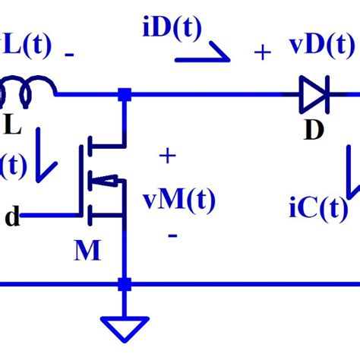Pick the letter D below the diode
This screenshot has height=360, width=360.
pyautogui.click(x=314, y=131)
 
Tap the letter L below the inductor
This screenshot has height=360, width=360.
pyautogui.click(x=12, y=125)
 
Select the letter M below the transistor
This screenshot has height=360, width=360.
pyautogui.click(x=87, y=250)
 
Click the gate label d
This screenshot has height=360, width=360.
pyautogui.click(x=12, y=217)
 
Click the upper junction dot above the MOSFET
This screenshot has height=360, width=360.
pyautogui.click(x=123, y=96)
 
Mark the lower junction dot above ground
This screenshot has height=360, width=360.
pyautogui.click(x=123, y=285)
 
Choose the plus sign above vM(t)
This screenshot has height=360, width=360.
pyautogui.click(x=166, y=157)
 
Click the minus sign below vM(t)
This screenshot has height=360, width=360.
pyautogui.click(x=172, y=236)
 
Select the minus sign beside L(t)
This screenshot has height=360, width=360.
pyautogui.click(x=69, y=55)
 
